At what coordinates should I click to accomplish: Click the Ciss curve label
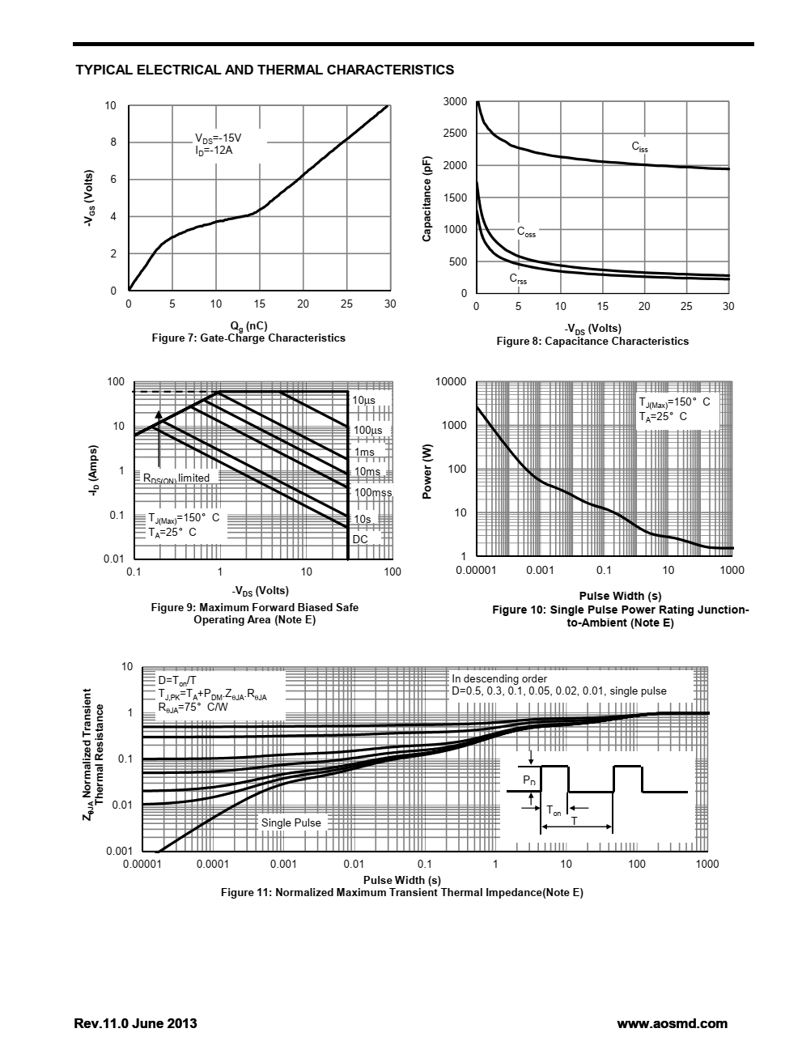tap(639, 147)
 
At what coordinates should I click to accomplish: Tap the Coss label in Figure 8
tap(526, 232)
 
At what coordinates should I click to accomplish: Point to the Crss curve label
tap(518, 278)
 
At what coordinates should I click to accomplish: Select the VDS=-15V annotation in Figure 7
tap(218, 138)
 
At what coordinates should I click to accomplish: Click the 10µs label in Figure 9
tap(364, 400)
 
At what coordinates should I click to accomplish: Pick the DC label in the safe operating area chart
tap(360, 539)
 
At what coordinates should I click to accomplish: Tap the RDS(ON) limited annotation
tap(176, 478)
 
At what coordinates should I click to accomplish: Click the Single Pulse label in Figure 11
tap(291, 822)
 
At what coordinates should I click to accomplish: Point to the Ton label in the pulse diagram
tap(554, 810)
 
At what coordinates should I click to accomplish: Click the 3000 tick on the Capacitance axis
tap(455, 101)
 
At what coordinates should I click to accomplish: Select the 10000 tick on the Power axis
tap(451, 382)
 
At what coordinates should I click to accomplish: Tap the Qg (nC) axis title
tap(248, 326)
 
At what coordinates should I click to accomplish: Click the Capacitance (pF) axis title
tap(426, 198)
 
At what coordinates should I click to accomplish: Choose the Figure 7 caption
tap(248, 338)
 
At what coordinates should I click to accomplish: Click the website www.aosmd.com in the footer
tap(672, 1023)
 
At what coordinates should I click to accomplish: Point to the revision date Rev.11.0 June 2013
tap(135, 1023)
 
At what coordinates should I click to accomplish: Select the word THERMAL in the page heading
tap(291, 70)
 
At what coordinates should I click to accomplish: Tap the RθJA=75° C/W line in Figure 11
tap(193, 708)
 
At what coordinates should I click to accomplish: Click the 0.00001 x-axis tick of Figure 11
tap(142, 865)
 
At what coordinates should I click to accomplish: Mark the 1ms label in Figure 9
tap(364, 452)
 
